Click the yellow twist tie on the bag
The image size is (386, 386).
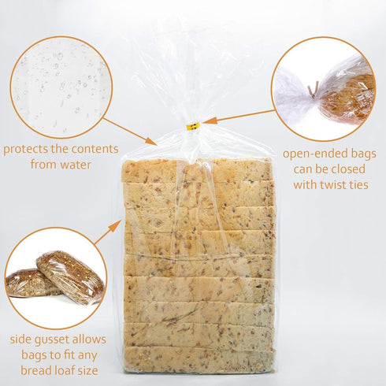[192, 124]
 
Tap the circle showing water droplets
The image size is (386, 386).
[61, 87]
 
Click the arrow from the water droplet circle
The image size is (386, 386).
[130, 132]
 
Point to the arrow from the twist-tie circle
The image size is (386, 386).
[236, 117]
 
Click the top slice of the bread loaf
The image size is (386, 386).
[197, 169]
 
